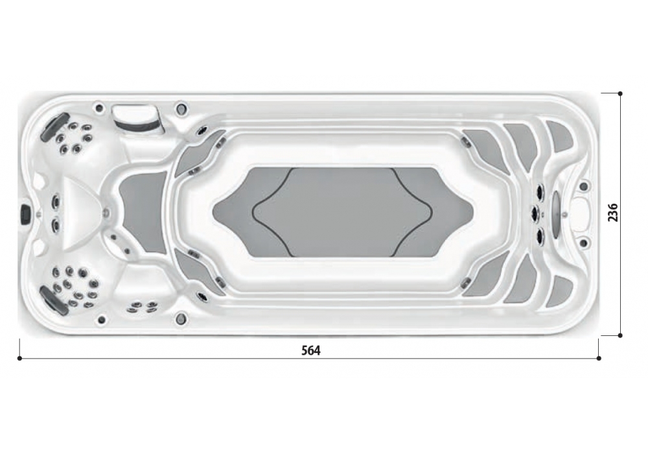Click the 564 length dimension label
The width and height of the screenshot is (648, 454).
click(311, 351)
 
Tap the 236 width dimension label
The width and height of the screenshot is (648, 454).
click(613, 212)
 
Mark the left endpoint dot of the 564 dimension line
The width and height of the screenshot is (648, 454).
click(19, 359)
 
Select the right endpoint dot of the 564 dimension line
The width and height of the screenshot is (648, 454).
click(599, 359)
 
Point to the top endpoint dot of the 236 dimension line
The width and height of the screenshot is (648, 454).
click(620, 94)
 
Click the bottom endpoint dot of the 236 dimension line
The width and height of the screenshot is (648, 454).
click(620, 336)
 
